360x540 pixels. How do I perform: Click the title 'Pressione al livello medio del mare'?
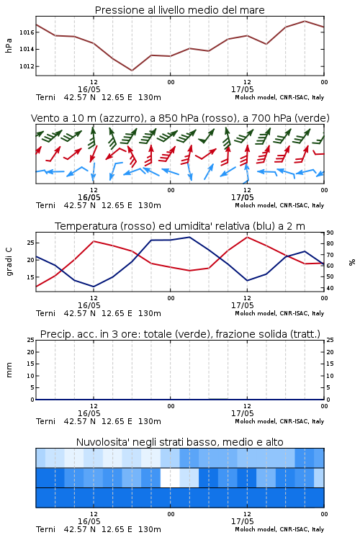pos(179,10)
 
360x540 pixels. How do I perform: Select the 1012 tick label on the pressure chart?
pos(27,66)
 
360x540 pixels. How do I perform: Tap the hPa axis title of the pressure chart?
pos(9,45)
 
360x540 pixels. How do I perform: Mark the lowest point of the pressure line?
pos(132,71)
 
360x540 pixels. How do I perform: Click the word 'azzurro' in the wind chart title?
pos(120,119)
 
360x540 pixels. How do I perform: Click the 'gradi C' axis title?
pos(9,261)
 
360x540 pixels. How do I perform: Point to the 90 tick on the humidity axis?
pos(330,233)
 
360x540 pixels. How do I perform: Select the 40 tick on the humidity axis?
pos(330,288)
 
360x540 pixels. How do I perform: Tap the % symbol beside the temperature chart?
pos(352,262)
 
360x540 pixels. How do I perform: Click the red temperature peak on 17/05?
pos(247,237)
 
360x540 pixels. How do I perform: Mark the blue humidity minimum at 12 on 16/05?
pos(94,287)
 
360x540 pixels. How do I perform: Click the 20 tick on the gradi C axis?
pos(31,260)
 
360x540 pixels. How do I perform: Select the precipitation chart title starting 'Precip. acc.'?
pos(180,334)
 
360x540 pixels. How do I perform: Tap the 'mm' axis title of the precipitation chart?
pos(9,369)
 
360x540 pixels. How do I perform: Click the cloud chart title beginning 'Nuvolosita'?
pos(179,442)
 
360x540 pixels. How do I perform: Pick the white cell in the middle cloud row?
pos(170,477)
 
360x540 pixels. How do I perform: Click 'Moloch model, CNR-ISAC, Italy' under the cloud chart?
pos(279,529)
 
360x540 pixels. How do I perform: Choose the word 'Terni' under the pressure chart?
pos(45,97)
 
